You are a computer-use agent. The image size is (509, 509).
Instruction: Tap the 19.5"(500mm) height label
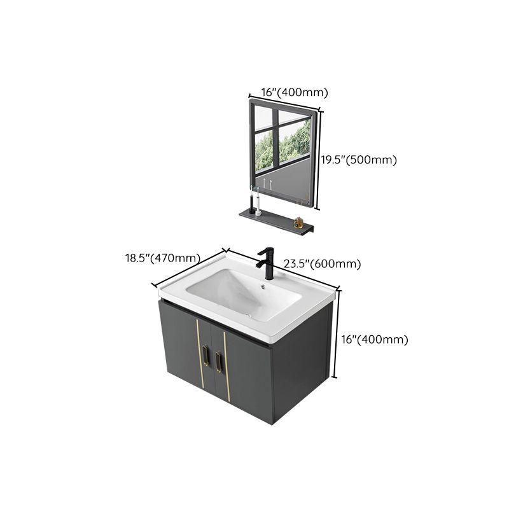pos(357,160)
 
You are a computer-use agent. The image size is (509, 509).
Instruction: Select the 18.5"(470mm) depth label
pos(162,258)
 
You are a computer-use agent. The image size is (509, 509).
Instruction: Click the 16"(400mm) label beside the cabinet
pos(375,340)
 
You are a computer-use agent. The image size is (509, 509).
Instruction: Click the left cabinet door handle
pos(205,358)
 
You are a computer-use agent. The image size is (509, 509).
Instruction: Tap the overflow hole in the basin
pos(263,286)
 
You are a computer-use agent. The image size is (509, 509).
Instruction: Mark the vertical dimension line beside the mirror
pos(320,159)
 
